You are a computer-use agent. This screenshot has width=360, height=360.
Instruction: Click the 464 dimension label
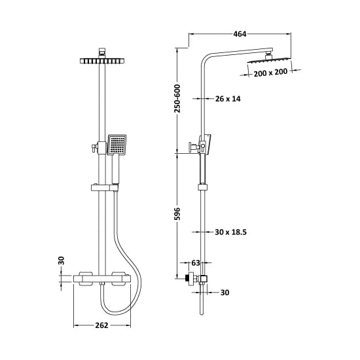239,34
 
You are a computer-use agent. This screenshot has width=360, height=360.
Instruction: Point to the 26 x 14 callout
228,99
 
